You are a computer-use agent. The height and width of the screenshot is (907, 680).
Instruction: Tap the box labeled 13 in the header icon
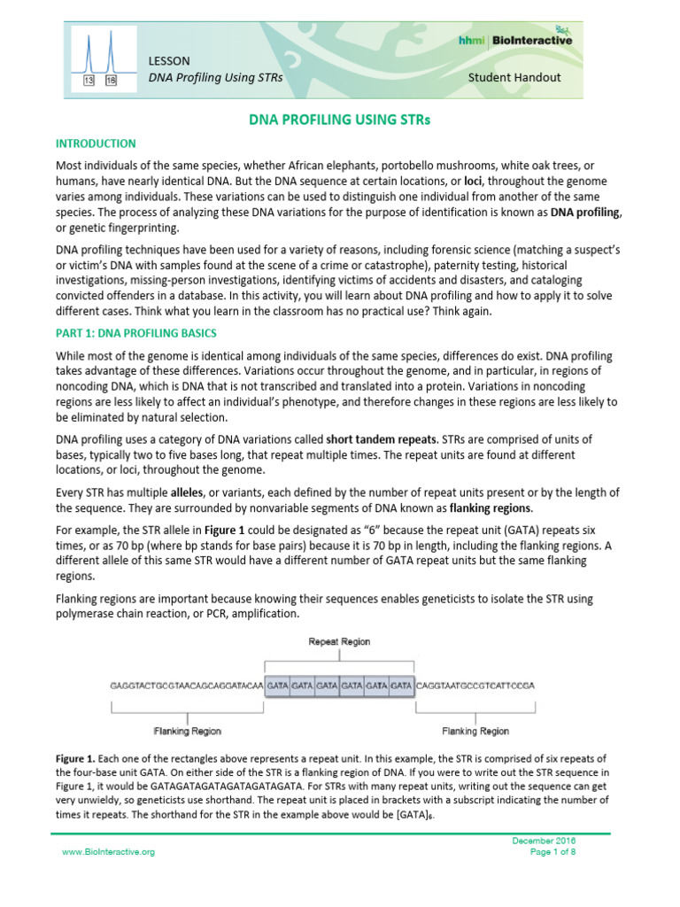click(89, 80)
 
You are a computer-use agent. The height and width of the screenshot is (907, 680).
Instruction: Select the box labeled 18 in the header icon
click(111, 80)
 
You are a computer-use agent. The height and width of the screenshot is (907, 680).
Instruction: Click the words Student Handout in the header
click(514, 77)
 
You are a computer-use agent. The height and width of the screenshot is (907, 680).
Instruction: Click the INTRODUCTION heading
click(96, 143)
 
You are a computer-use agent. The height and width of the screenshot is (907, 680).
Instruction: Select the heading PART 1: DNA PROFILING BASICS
click(136, 333)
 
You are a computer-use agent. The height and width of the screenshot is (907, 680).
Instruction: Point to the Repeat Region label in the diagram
click(339, 640)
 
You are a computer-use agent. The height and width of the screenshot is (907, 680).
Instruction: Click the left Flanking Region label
click(188, 731)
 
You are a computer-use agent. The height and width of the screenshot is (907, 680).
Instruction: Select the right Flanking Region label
click(475, 731)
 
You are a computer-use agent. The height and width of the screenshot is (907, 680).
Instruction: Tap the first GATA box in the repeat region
click(278, 686)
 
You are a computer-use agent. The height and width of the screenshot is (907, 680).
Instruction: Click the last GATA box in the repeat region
click(401, 686)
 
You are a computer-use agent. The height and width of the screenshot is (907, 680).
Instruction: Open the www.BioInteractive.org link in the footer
click(108, 851)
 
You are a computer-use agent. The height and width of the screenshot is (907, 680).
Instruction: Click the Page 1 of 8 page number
click(552, 851)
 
